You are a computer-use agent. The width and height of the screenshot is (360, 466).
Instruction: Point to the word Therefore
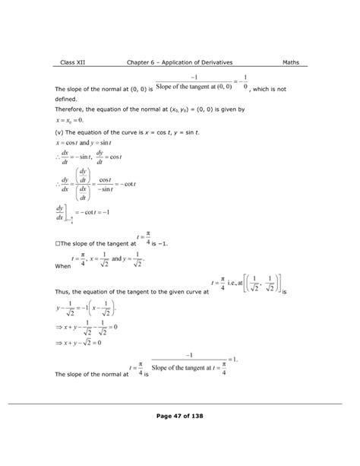pyautogui.click(x=74, y=109)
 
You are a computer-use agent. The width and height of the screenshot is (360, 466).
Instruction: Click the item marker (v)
pyautogui.click(x=62, y=131)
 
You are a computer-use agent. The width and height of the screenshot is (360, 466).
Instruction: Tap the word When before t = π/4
pyautogui.click(x=64, y=267)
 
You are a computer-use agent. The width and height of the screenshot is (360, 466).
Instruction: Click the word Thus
pyautogui.click(x=64, y=291)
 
